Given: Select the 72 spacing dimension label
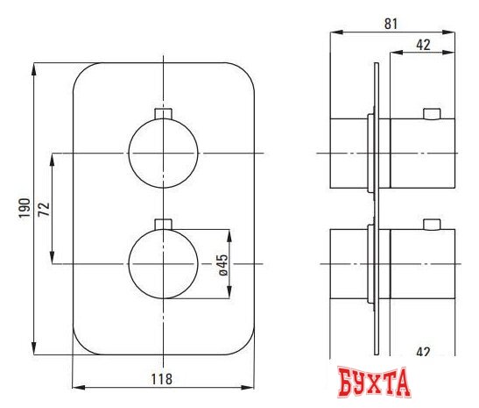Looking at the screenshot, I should pos(45,208).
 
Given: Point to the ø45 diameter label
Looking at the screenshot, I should pos(223,264).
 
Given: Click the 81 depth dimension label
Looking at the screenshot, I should pos(392,25).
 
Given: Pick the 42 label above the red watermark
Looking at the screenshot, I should pos(422,352).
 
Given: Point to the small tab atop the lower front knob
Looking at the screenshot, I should pos(163,223).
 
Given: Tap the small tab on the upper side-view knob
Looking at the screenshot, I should pos(431,112).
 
